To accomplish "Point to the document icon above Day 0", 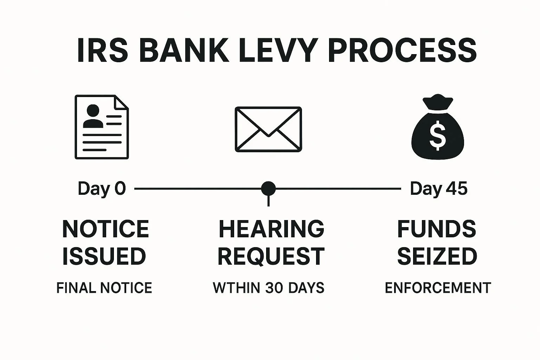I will (x=102, y=127).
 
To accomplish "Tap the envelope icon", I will (x=268, y=129).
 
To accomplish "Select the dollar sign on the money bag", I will (x=437, y=135).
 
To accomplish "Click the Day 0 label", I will (x=102, y=189).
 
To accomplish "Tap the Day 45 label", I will (x=439, y=189).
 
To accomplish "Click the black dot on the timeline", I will (x=268, y=189).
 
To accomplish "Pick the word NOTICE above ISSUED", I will (x=105, y=229).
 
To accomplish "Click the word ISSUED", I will (x=104, y=256).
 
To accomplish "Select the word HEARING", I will (x=271, y=229).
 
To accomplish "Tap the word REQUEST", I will (x=271, y=256).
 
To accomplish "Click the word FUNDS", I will (x=437, y=229).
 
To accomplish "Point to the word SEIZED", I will (x=437, y=256).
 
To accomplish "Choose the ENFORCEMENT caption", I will (x=438, y=288).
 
